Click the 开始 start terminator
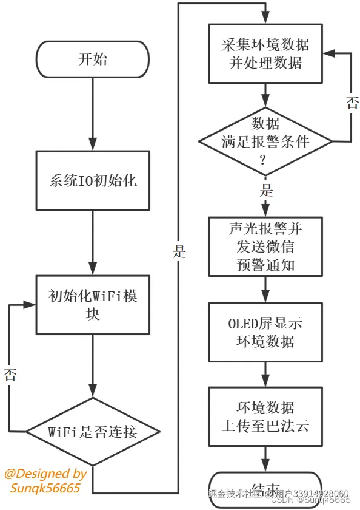(93, 59)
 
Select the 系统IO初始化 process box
(93, 181)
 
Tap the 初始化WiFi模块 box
(93, 304)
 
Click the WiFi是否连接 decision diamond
(93, 432)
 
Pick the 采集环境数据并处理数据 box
(265, 53)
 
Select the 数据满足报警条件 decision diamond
(265, 141)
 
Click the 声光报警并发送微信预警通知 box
(265, 246)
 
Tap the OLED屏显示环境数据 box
(265, 332)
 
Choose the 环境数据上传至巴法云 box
(265, 416)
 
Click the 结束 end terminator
(265, 488)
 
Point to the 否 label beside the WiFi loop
(10, 374)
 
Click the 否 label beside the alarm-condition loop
(352, 103)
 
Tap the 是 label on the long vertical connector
(179, 251)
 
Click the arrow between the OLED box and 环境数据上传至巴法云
(265, 374)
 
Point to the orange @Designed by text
(45, 474)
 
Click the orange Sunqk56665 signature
(45, 488)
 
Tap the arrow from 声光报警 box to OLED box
(265, 290)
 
